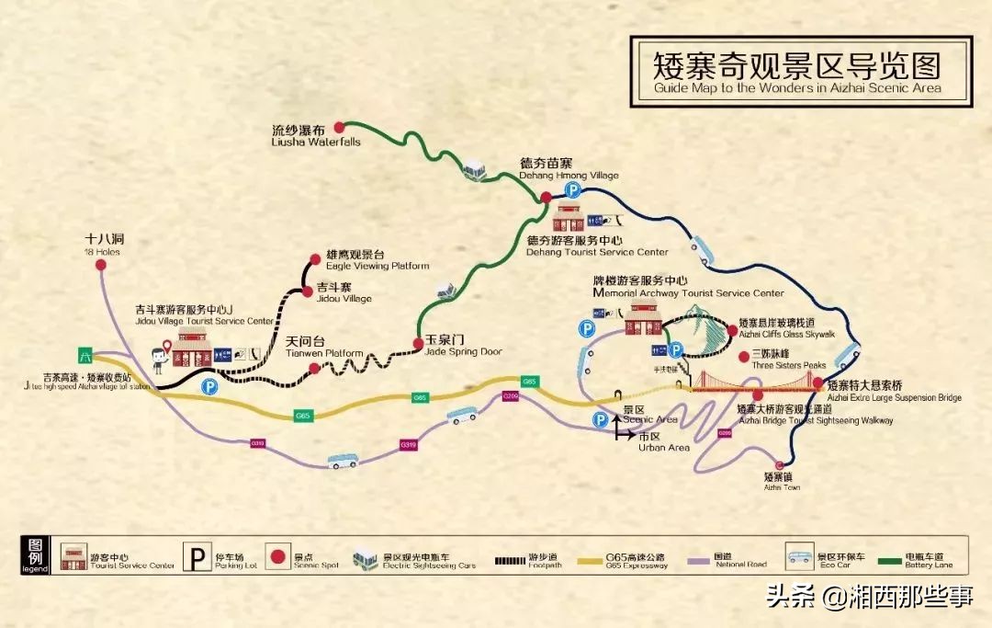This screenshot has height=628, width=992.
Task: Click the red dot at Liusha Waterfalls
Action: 339,127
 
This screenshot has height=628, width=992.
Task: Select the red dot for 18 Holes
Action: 101,265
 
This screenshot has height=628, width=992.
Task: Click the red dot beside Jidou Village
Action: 308,291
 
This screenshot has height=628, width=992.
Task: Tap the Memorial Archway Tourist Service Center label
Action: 688,287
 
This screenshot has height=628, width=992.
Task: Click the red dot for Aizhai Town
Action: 781,465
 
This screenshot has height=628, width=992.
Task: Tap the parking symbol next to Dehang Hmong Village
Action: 573,190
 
